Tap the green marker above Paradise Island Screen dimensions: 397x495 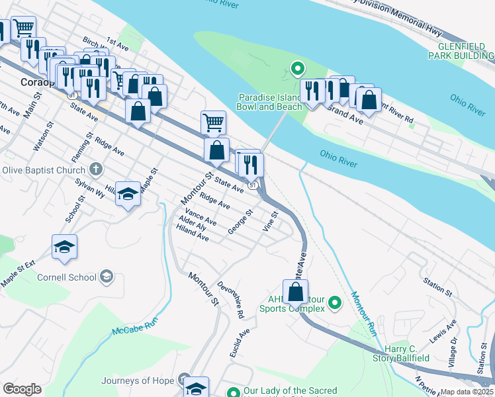click(298, 68)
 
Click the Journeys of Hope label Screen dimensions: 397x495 click(137, 380)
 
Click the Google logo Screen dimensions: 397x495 click(22, 389)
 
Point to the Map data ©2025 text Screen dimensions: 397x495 click(466, 392)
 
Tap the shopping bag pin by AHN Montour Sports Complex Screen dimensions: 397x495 click(295, 292)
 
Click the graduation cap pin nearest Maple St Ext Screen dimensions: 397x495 click(64, 247)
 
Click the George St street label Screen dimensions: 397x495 click(240, 221)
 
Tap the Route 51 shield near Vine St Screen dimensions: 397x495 click(253, 187)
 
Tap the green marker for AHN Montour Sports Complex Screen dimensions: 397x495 click(335, 304)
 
